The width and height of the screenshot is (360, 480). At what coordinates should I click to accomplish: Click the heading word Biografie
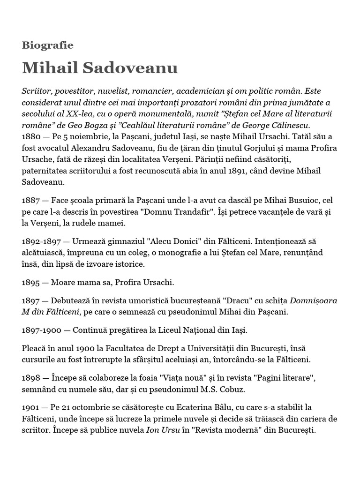47,45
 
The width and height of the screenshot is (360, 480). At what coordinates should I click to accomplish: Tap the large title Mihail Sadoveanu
99,68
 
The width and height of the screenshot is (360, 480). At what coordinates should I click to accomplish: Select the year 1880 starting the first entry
31,136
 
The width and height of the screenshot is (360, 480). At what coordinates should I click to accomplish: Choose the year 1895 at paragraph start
31,283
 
